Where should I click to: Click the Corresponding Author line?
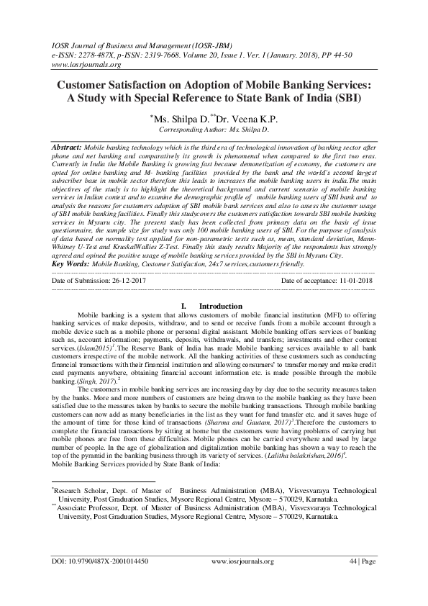214,130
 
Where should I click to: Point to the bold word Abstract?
68,146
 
